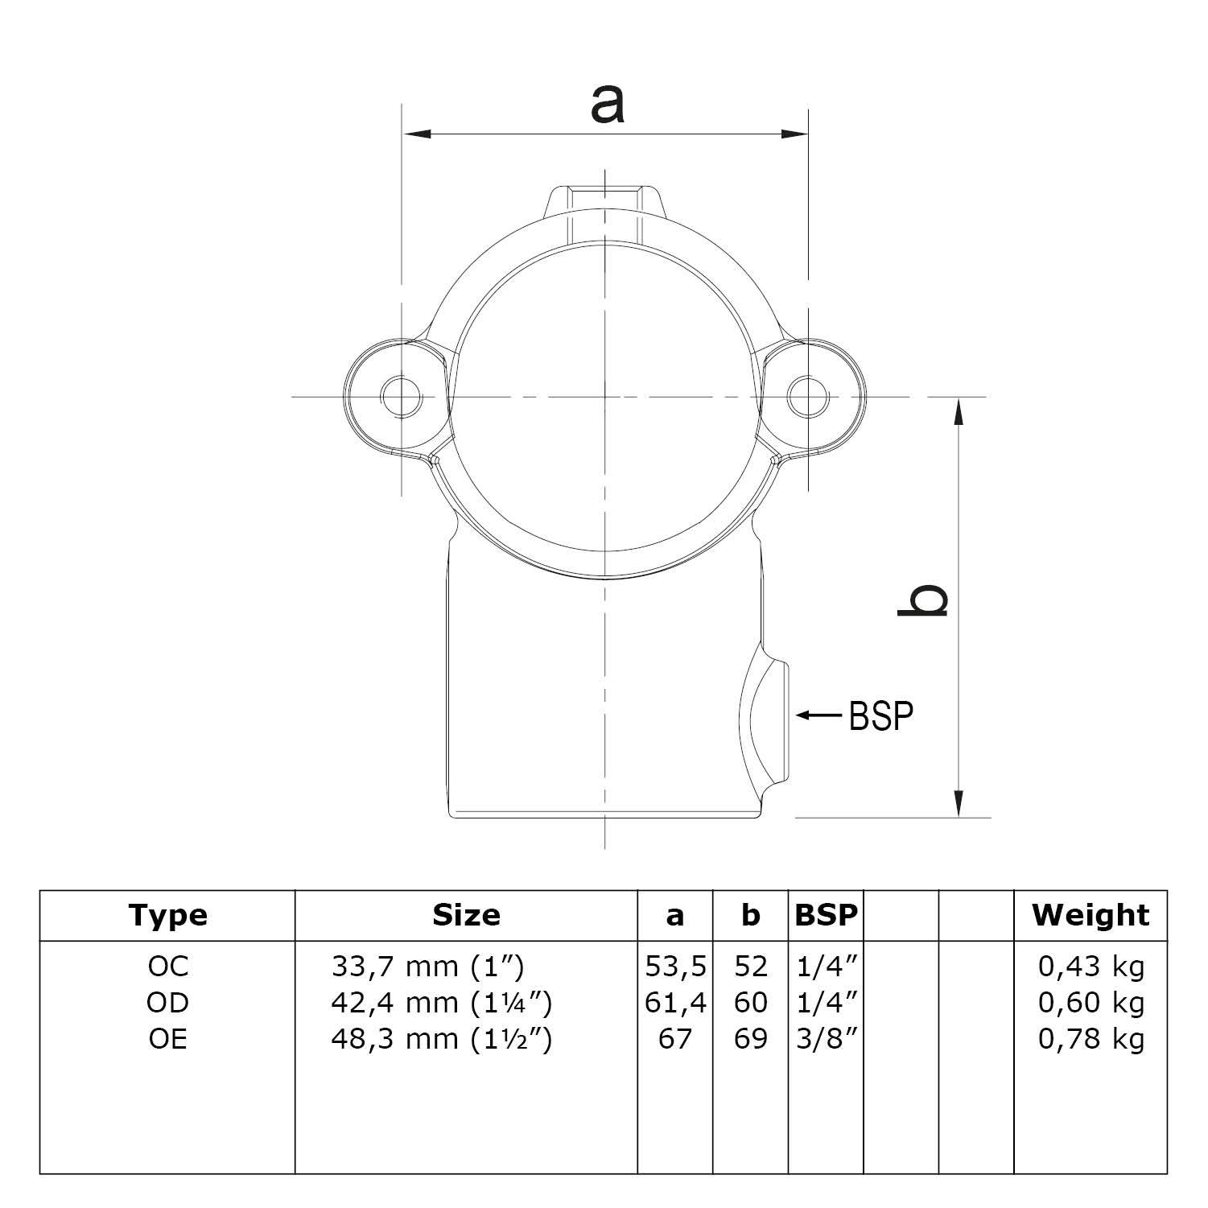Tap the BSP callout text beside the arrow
(x=881, y=715)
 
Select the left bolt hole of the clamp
(x=402, y=396)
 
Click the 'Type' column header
(x=167, y=916)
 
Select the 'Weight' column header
(x=1090, y=916)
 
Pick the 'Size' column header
(x=466, y=916)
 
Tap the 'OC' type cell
(x=167, y=966)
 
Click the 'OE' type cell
(x=167, y=1039)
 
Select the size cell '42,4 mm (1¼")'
(x=441, y=1003)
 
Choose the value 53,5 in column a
(x=675, y=966)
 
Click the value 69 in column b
(x=750, y=1039)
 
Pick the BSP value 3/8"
(x=826, y=1039)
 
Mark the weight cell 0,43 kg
(x=1090, y=966)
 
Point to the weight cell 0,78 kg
(x=1090, y=1039)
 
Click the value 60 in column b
(x=750, y=1003)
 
